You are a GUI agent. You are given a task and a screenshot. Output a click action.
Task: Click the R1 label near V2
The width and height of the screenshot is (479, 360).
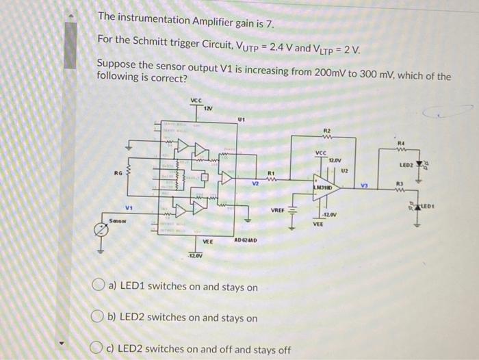point(271,172)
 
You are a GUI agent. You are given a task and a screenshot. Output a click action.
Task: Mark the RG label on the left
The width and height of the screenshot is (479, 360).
point(118,174)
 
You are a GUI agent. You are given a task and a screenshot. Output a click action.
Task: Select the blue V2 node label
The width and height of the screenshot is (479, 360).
point(255,183)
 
